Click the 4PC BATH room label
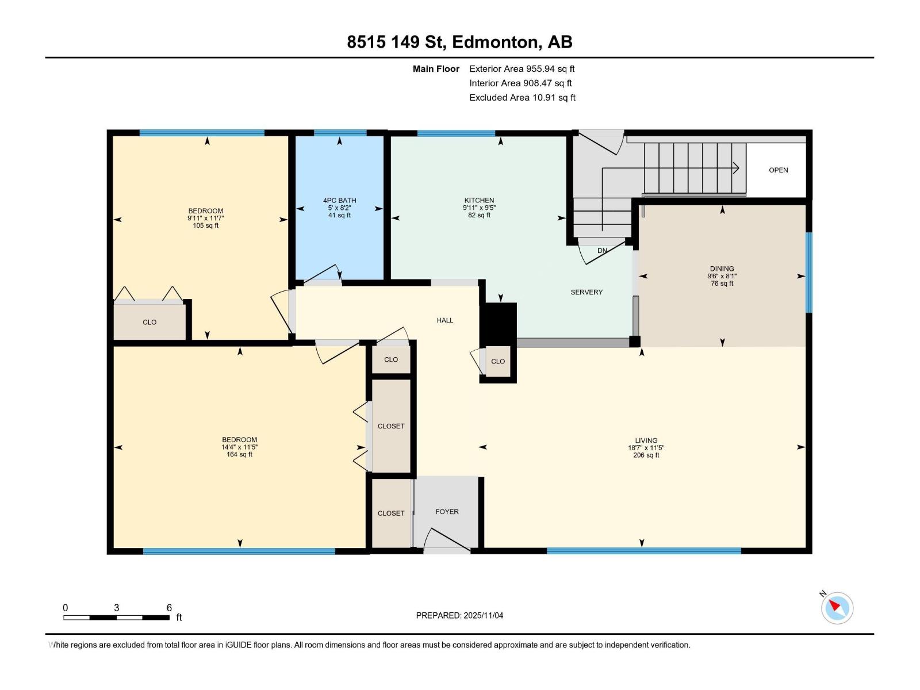339,201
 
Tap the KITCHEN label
479,201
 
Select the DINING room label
722,269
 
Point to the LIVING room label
646,440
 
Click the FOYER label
447,512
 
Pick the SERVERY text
586,292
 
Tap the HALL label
444,320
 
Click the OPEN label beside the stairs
778,170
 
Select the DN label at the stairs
602,251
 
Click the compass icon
837,608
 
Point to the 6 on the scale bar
169,608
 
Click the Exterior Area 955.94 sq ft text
522,69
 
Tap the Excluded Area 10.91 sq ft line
522,98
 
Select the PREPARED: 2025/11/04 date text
459,615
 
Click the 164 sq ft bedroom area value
239,454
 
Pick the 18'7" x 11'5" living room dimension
646,448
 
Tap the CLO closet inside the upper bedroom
149,322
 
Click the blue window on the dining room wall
808,272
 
